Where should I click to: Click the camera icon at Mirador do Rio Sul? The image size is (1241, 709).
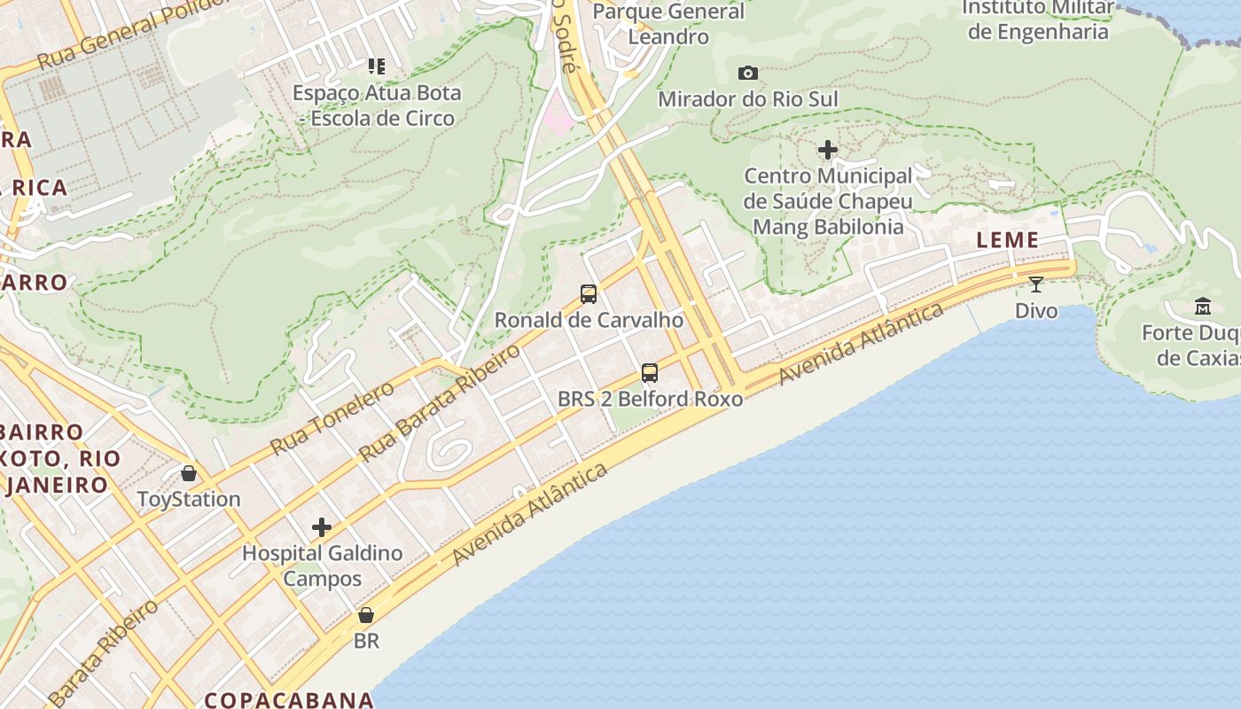[748, 73]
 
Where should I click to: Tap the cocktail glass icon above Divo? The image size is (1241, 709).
[1035, 284]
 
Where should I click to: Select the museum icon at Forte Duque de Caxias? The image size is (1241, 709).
[1203, 307]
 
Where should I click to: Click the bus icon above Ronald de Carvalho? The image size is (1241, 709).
[588, 294]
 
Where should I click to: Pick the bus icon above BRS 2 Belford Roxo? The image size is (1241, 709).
[650, 373]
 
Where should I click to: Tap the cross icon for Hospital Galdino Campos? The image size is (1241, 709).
[322, 528]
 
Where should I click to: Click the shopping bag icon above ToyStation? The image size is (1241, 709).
[188, 473]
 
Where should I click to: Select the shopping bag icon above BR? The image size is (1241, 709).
[366, 614]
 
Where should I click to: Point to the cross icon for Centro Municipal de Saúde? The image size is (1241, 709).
[827, 150]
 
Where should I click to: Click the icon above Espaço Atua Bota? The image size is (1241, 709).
[377, 66]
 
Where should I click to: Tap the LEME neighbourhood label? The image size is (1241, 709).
[1007, 240]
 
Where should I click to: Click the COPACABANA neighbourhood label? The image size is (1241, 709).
[289, 699]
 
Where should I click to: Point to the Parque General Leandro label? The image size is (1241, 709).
[668, 24]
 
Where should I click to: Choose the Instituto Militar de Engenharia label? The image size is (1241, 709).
[1038, 19]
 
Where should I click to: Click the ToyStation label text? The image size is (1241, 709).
[189, 499]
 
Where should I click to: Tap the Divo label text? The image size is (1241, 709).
[1036, 310]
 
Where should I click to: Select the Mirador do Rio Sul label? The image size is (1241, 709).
[747, 98]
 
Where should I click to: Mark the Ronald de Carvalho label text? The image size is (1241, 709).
[589, 320]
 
